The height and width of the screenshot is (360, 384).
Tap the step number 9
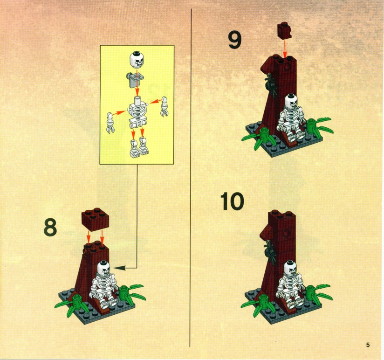click(234, 40)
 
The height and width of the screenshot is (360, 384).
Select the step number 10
click(232, 201)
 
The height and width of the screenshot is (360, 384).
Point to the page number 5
click(368, 345)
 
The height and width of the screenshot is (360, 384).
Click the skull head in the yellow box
click(137, 60)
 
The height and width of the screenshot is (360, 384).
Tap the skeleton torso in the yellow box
click(137, 112)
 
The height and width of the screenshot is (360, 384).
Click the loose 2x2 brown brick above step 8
click(95, 220)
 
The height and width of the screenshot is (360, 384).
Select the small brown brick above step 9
click(284, 30)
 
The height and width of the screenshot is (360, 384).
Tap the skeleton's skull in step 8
click(104, 269)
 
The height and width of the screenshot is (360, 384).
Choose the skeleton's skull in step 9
click(292, 101)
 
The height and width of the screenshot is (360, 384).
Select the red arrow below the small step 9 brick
click(285, 49)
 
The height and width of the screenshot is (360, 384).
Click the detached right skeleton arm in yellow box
click(164, 107)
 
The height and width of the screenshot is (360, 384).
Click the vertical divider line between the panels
click(190, 178)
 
